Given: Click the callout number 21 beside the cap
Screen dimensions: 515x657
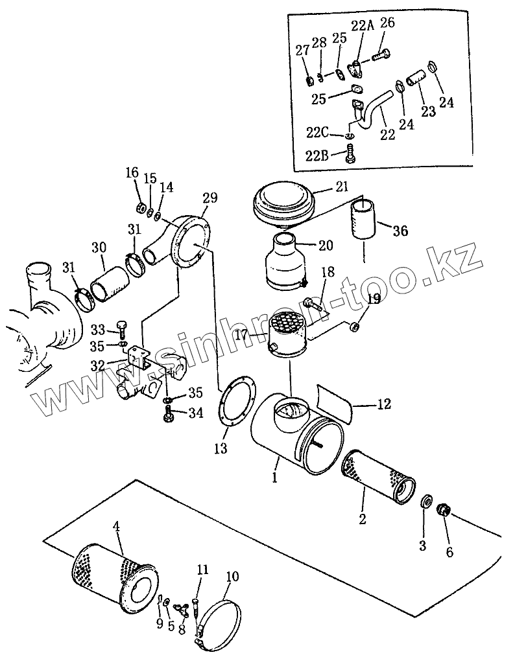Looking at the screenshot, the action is [342, 187].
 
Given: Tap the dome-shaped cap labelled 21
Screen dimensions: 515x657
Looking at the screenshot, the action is [283, 204].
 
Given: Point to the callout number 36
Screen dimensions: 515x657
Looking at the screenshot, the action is [400, 230].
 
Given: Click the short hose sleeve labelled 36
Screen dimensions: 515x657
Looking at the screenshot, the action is [363, 219].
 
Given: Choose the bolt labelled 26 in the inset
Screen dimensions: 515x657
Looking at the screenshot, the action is [381, 55].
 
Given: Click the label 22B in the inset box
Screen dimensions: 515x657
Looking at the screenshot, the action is [317, 156].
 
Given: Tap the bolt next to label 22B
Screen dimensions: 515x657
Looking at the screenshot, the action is [350, 154].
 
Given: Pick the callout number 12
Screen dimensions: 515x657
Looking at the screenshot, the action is [384, 404].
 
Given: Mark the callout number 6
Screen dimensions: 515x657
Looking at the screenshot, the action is [449, 552].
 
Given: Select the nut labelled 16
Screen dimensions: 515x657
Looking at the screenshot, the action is [142, 207].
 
